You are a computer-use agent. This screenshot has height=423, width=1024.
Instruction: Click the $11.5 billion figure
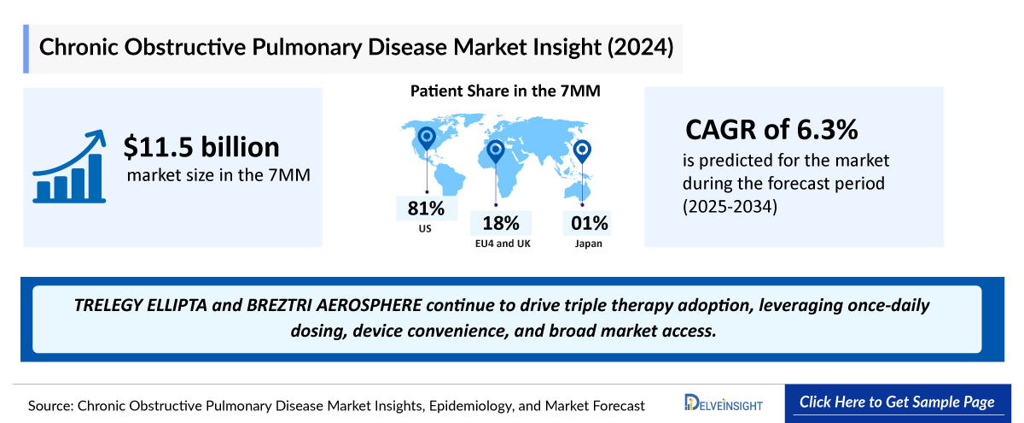coord(201,147)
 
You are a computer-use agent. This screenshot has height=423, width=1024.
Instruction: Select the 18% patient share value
coord(501,224)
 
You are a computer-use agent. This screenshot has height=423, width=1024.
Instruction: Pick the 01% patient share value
coord(590,224)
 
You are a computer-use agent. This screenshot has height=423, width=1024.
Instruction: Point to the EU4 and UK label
coord(501,243)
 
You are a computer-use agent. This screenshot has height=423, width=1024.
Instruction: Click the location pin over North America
coord(426,138)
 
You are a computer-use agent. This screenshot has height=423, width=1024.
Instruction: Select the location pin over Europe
coord(496,152)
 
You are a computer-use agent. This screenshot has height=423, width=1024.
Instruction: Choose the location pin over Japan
coord(582,151)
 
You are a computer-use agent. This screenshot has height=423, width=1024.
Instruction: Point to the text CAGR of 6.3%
coord(772,130)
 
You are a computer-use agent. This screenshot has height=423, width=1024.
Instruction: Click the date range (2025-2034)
coord(730,206)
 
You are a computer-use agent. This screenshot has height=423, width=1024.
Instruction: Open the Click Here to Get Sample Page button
coord(897,402)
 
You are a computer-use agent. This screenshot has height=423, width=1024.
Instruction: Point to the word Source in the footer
coord(49,404)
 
